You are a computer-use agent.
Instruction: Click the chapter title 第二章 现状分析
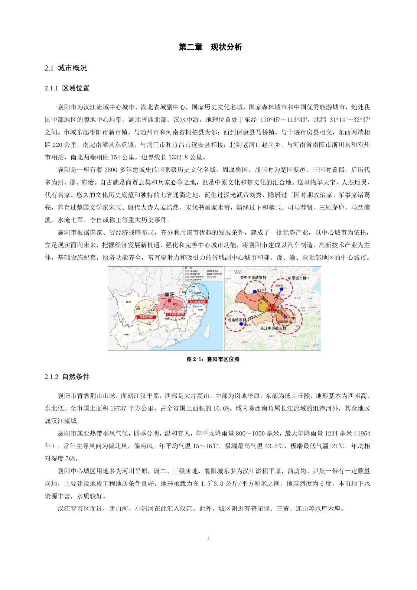pos(210,47)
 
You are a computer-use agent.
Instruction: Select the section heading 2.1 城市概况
pos(66,68)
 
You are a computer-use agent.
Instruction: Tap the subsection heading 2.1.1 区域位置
pos(67,88)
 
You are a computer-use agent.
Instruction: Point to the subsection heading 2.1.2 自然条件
pos(67,377)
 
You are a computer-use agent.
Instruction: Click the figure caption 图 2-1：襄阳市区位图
pos(213,359)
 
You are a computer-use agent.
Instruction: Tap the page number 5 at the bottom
pos(208,538)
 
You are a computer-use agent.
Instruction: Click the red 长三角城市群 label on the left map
pos(197,302)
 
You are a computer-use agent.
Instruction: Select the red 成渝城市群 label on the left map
pos(146,317)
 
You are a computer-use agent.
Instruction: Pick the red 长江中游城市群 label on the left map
pos(174,314)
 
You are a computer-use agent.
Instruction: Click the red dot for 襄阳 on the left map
pos(169,300)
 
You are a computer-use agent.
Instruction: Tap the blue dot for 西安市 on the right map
pos(255,292)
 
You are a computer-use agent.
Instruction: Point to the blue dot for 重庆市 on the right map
pos(241,324)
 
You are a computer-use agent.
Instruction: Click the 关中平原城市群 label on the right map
pos(253,278)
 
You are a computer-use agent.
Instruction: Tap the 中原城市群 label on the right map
pos(297,278)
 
